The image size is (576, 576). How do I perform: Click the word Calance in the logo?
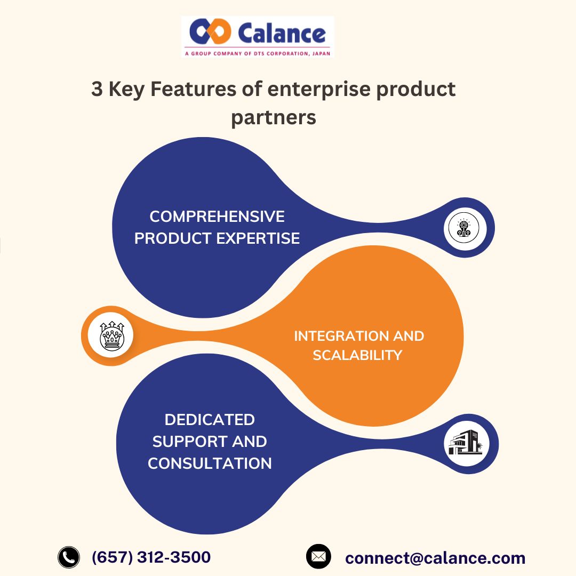[281, 33]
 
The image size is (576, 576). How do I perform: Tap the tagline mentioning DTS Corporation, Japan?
[258, 53]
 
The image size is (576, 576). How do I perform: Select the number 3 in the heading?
[97, 89]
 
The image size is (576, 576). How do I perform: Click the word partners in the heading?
[273, 117]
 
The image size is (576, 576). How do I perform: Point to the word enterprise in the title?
[318, 89]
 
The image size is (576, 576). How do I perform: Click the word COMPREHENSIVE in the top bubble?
[217, 217]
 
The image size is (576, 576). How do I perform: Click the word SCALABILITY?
[357, 355]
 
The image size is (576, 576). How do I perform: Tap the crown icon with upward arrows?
[111, 336]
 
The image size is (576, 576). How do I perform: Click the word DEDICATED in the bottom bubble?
[210, 420]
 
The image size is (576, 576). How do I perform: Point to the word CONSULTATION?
[210, 463]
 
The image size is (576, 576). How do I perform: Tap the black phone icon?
[68, 557]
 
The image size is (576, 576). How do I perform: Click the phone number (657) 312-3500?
[151, 557]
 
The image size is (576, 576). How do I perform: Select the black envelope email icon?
[318, 556]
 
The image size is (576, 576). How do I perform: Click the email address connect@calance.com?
[435, 558]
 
